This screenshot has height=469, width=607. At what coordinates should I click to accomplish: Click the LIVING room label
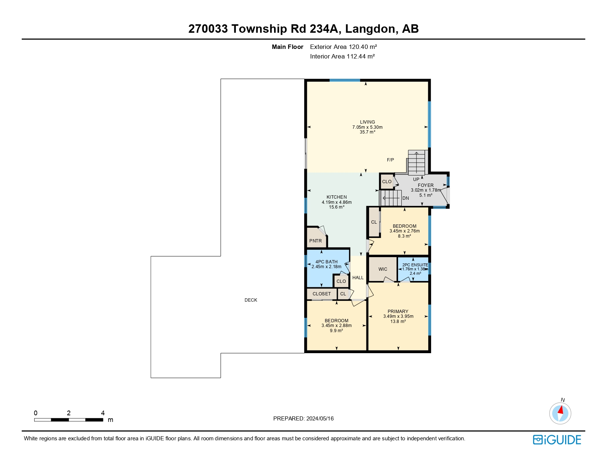tap(367, 122)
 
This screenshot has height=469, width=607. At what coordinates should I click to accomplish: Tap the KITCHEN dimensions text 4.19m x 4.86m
tap(337, 202)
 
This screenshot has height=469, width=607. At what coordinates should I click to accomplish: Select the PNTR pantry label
tap(315, 241)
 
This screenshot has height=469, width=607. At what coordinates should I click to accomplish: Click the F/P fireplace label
tap(390, 160)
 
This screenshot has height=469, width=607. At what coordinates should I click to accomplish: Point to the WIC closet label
tap(383, 269)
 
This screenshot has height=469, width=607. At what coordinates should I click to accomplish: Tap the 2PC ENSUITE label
tap(415, 265)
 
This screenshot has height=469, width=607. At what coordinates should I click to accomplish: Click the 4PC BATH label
tap(326, 262)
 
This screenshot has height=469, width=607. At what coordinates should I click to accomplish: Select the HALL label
tap(358, 278)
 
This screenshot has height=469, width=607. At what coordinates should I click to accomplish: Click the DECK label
tap(251, 300)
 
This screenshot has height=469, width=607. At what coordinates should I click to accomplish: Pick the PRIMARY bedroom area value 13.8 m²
tap(398, 321)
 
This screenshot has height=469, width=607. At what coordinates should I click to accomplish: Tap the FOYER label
tap(426, 185)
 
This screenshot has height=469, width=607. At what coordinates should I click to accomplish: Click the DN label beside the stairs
tap(405, 198)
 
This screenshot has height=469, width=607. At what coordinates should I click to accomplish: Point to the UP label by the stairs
tap(416, 180)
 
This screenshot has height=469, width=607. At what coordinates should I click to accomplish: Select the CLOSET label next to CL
tap(322, 294)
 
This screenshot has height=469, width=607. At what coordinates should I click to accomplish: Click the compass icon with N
tap(560, 413)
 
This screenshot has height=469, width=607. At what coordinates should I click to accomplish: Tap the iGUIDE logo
tap(557, 440)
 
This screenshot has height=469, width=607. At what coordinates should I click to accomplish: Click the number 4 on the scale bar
tap(103, 413)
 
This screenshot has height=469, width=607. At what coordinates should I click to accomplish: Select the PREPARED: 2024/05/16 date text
tap(303, 419)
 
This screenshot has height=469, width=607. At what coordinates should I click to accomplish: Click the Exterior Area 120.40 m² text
tap(343, 47)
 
